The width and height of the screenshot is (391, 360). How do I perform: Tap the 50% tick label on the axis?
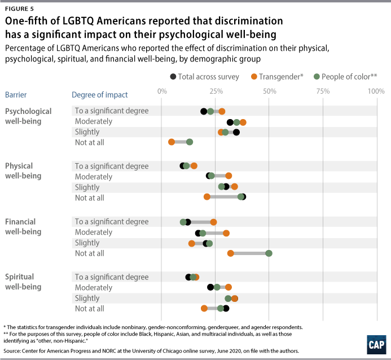point(269,91)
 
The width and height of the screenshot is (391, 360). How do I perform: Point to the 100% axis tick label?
point(376,91)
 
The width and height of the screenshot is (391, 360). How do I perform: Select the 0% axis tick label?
point(162,91)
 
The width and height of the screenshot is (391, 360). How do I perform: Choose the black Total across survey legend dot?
point(172,76)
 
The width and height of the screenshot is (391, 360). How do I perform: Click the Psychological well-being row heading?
point(28,116)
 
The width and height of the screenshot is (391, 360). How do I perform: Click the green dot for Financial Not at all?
point(269,253)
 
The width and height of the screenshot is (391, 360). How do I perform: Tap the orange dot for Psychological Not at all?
point(172,142)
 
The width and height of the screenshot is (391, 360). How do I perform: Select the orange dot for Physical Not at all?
point(207,197)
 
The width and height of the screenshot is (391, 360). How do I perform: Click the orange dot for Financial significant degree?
point(213,222)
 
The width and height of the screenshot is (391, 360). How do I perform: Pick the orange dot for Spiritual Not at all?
point(204,308)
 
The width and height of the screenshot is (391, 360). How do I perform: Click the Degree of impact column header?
point(100,95)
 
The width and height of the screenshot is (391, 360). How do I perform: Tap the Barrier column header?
point(16,95)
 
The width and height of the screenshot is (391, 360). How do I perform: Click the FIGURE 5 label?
point(19,8)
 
